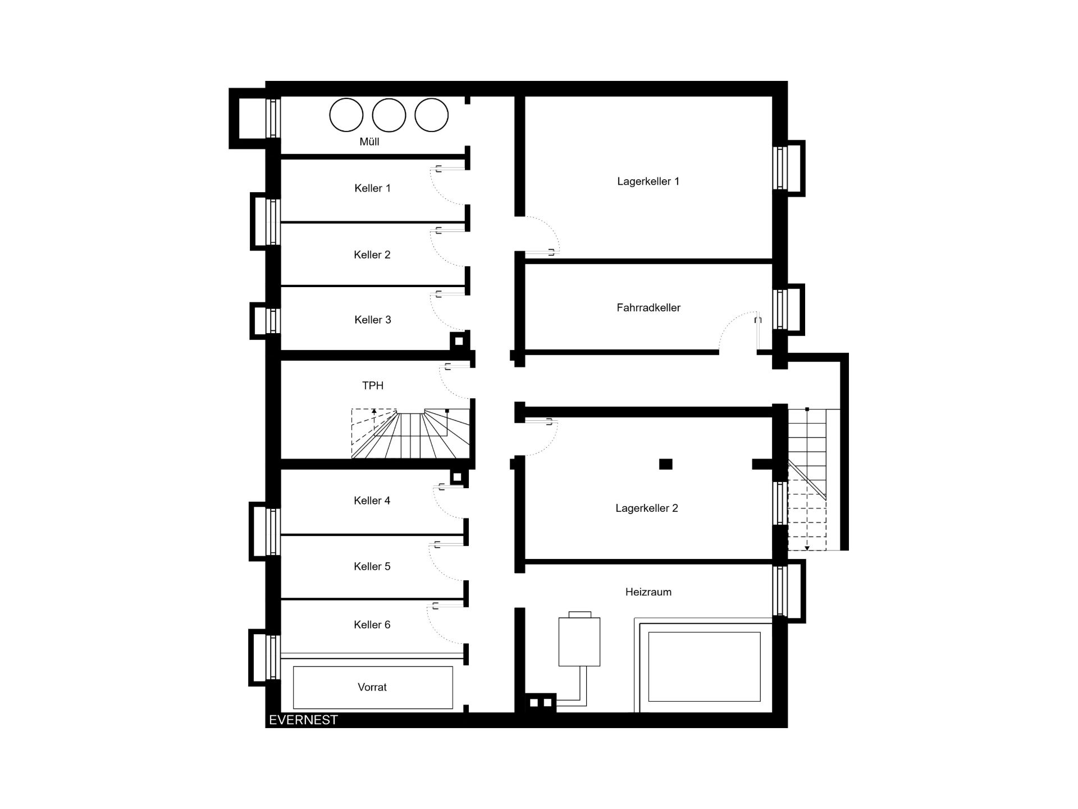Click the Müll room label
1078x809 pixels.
pos(369,142)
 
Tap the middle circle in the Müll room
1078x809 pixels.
pos(389,115)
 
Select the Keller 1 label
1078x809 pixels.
pos(372,188)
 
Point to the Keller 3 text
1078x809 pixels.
pos(372,320)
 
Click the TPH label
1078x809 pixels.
pos(373,385)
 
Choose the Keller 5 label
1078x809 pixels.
pos(372,566)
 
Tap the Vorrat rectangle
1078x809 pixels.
pos(373,688)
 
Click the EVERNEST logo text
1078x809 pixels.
pos(303,720)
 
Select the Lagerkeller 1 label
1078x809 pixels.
pos(648,181)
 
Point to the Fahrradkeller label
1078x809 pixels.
pos(648,308)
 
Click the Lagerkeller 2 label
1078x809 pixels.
pos(647,508)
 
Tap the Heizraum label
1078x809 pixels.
pos(648,592)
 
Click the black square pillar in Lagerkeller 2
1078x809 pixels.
pos(665,464)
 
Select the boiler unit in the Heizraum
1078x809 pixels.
pos(579,642)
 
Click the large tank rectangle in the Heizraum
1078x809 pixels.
pos(704,666)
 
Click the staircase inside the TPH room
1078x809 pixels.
pos(410,434)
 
